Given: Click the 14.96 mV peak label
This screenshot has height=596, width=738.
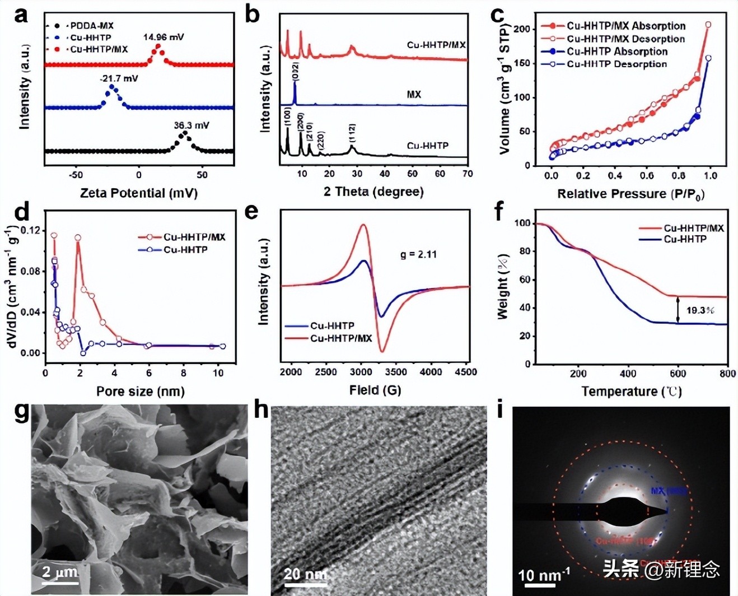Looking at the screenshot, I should coord(163,37).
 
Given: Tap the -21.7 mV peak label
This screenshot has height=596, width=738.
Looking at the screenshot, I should coord(119,78).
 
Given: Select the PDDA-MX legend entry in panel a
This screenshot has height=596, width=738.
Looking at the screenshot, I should coord(91,26).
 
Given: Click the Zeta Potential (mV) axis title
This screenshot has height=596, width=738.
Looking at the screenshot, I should coord(139,193).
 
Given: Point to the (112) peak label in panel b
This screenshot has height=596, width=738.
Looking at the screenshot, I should coord(352,133).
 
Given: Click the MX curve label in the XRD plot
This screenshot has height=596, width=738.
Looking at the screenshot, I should coord(414,95).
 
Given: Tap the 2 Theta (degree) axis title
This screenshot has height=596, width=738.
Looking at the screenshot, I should coord(373,192).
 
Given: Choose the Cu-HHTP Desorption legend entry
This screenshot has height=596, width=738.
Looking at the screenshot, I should coord(616,64).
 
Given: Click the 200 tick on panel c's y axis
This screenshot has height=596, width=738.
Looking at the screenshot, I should coord(521,29).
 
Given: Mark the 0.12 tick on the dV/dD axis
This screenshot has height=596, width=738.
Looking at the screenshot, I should coord(31,230).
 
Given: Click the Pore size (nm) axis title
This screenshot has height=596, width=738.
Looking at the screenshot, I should coord(141,391).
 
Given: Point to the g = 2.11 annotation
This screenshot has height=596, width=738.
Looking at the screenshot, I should coord(418,254).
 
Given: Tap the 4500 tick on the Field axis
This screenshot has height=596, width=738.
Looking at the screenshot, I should coord(466,372).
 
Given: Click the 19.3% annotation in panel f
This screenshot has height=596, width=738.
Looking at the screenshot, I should coord(700,310).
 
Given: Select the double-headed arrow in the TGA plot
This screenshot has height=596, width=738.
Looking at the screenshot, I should coord(678,310).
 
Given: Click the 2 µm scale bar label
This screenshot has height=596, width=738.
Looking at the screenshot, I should coord(60,572).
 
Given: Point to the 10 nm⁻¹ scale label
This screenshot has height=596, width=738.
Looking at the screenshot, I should coord(544,575).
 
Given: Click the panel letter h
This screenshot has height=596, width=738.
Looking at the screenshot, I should coord(261,410).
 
